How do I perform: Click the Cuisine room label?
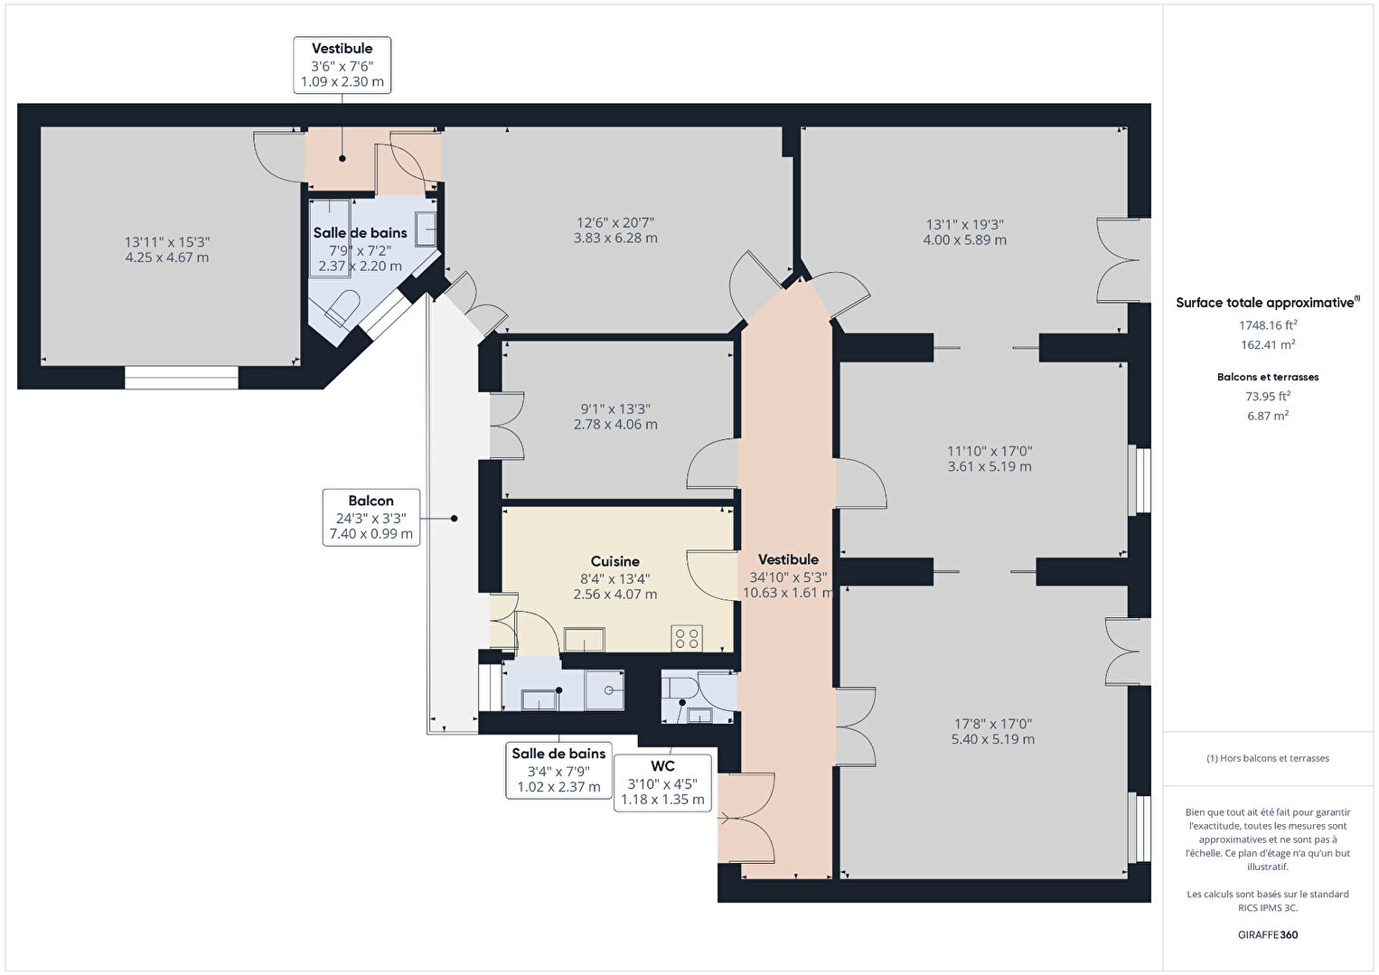615,561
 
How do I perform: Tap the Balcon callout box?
371,518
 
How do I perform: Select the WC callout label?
662,783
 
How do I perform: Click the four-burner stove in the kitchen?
687,638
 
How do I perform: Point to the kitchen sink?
585,640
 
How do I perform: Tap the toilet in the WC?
680,687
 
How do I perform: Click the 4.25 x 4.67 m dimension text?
167,258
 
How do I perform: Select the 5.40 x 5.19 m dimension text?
992,739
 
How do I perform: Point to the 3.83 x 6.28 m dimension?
615,239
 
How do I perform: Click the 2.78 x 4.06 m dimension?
615,425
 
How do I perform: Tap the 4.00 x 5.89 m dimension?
965,240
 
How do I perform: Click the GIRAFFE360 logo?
1268,934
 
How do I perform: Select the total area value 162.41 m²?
1268,344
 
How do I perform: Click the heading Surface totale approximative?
1268,302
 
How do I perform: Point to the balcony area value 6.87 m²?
1268,416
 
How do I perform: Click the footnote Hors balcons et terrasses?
1268,758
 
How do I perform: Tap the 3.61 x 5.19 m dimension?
990,466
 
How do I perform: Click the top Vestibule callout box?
342,65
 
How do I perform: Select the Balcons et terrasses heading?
1268,377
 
